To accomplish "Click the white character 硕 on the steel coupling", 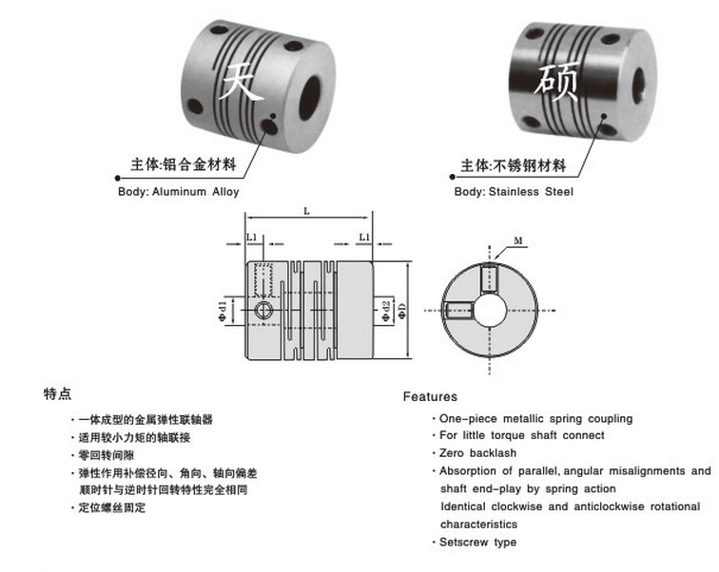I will tap(557, 84).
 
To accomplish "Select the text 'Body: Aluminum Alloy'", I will tap(179, 192).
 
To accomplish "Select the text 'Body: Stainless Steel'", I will tap(514, 192).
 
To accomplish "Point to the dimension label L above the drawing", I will tap(306, 212).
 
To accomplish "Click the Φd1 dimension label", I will tap(222, 310).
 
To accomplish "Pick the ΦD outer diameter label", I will tap(403, 310).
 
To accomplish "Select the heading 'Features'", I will tap(430, 396).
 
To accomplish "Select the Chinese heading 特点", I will tap(57, 393).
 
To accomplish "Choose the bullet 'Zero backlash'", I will tap(477, 453).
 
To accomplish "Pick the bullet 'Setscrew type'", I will tap(478, 542).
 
